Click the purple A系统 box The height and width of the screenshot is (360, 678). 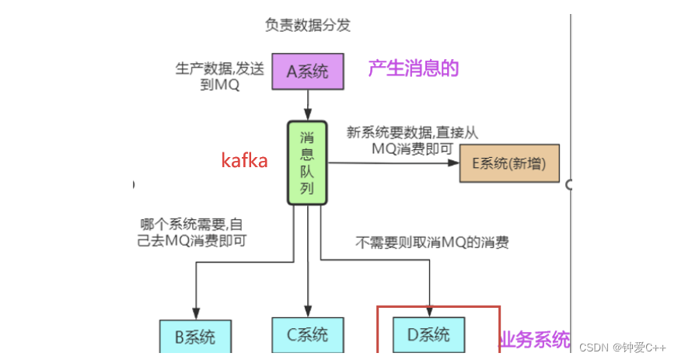click(308, 72)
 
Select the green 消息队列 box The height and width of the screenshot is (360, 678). click(308, 162)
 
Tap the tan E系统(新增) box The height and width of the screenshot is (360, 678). click(509, 163)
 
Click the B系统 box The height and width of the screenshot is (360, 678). click(195, 337)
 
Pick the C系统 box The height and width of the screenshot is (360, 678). click(307, 335)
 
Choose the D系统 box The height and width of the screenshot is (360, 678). click(428, 335)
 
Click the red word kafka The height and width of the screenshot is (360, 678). click(244, 161)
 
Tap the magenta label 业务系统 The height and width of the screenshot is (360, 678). click(534, 339)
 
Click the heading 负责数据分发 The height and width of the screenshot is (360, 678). click(308, 25)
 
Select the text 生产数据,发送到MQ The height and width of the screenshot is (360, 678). click(218, 76)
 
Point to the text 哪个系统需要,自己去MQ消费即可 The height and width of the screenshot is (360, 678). click(193, 232)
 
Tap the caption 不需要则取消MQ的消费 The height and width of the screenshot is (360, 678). click(432, 242)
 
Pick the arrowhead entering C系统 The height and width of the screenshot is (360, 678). click(307, 311)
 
